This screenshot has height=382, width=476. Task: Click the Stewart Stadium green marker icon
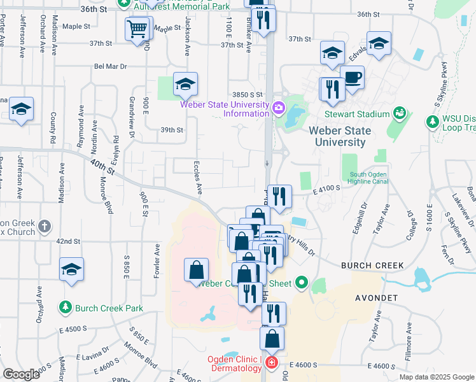(400, 114)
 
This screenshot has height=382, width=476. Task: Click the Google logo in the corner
(21, 374)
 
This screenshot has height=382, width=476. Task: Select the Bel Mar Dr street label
(111, 66)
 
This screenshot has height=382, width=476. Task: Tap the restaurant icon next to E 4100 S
(278, 197)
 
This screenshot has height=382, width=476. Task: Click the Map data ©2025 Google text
(436, 376)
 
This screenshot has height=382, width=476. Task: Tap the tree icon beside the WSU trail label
(433, 120)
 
